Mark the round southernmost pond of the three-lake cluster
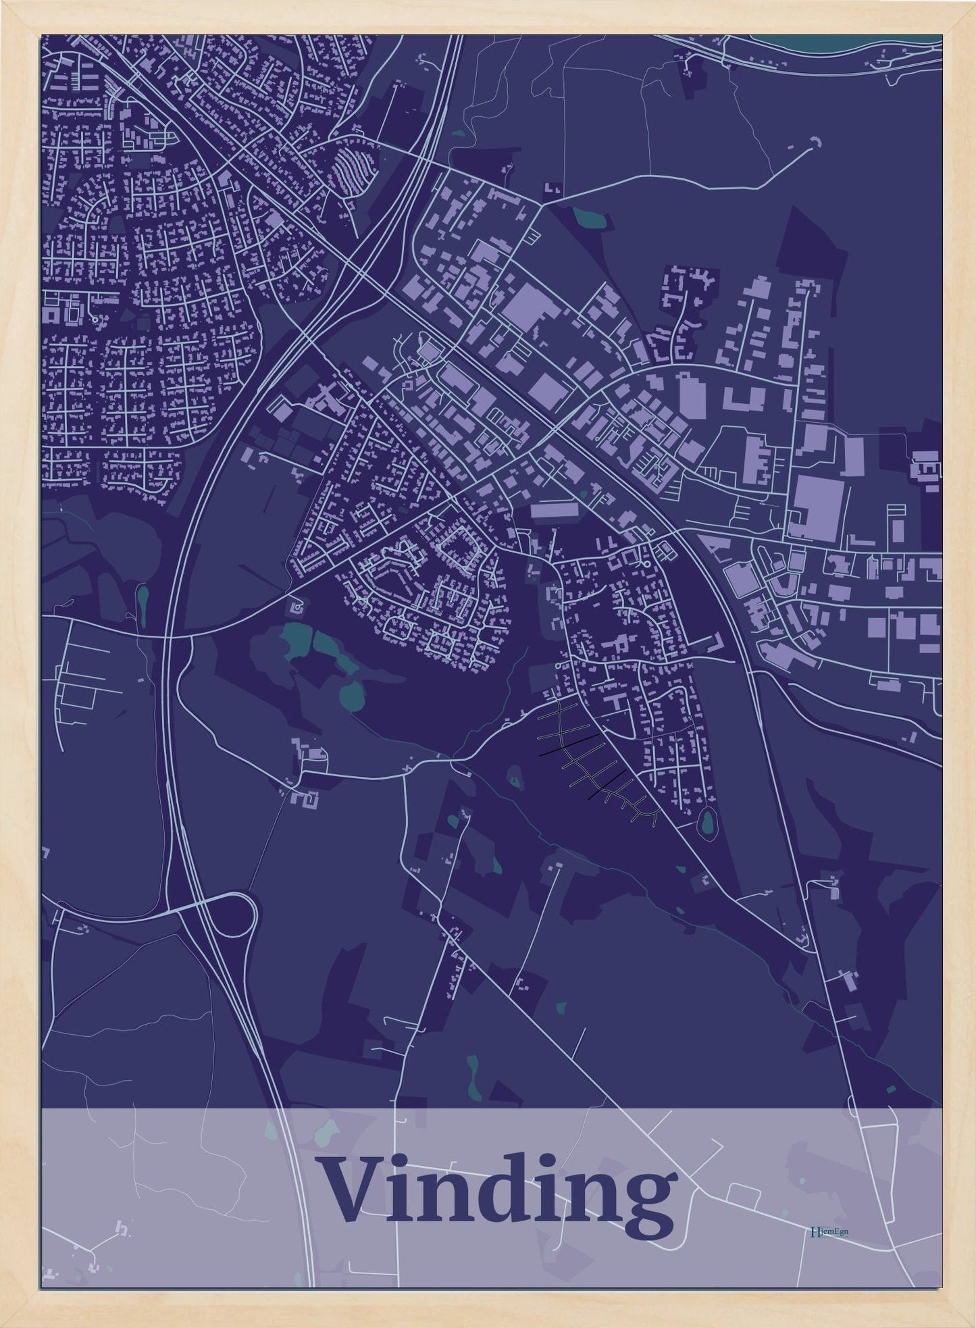(x=351, y=693)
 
